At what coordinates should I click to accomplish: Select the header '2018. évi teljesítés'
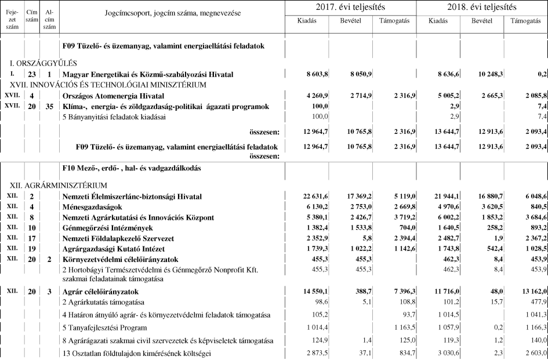click(x=482, y=7)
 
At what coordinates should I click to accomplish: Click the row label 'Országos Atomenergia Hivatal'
click(x=113, y=95)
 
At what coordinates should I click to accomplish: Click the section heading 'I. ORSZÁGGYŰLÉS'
click(x=43, y=63)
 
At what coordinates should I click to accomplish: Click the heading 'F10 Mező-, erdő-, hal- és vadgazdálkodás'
click(x=132, y=168)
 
